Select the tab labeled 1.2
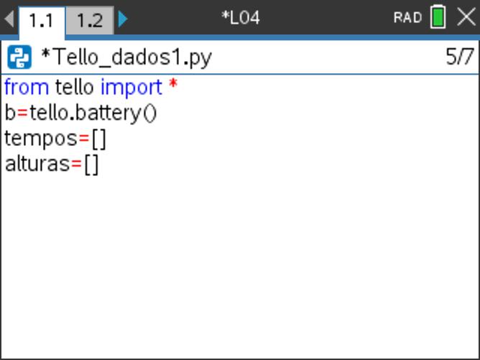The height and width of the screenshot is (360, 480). click(x=89, y=20)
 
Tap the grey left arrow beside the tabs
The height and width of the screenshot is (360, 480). click(x=9, y=19)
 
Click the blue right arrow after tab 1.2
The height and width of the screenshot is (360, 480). click(x=123, y=19)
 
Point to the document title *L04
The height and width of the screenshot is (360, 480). click(x=240, y=18)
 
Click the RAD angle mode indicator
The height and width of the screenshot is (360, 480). click(x=407, y=18)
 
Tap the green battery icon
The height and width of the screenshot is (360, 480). click(x=438, y=17)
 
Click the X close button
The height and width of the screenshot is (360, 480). click(x=466, y=17)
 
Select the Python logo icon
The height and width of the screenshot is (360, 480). click(x=19, y=57)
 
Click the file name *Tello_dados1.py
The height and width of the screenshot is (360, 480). click(x=126, y=57)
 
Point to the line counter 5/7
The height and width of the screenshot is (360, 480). click(x=459, y=57)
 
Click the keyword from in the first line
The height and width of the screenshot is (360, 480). click(x=27, y=87)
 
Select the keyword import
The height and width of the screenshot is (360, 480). click(x=131, y=88)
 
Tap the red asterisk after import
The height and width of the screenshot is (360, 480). click(x=173, y=83)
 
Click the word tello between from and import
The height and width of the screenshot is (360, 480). click(x=75, y=87)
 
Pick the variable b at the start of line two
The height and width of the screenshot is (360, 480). click(x=10, y=113)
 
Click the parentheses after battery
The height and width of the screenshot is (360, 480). click(x=150, y=114)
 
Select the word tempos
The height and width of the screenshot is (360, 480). click(x=41, y=139)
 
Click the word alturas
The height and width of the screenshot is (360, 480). click(x=37, y=165)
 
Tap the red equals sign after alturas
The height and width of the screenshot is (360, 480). click(x=77, y=165)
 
